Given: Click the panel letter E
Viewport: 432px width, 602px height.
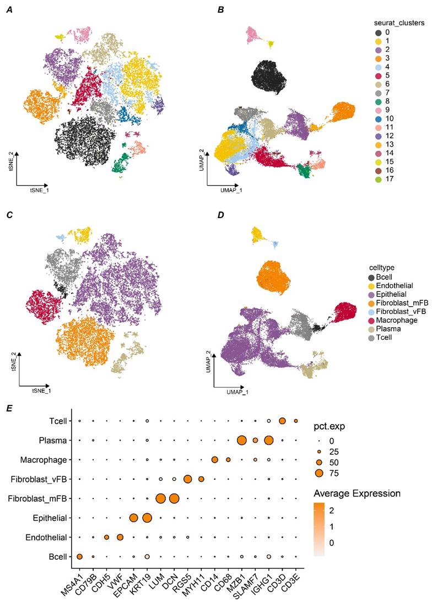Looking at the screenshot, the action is [x=9, y=408].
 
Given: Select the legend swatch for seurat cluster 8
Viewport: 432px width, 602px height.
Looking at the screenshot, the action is [x=378, y=101].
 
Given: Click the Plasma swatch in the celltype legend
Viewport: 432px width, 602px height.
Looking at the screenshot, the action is [x=371, y=329].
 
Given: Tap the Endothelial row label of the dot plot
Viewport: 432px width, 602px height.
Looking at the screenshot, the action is [x=46, y=538].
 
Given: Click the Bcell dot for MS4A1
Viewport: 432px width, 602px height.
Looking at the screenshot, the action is [x=79, y=557].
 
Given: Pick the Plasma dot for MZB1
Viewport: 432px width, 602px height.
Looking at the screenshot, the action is [x=241, y=441].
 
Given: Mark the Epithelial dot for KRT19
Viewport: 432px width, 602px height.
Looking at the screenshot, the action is [x=147, y=518].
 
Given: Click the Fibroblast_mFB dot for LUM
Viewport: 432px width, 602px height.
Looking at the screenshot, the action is [x=160, y=498].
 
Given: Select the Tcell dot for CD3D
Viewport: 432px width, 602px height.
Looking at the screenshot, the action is [x=282, y=421].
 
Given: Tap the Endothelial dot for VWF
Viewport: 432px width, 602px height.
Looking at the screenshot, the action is [x=120, y=537].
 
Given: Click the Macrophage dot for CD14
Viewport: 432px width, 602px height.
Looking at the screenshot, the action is [x=215, y=459].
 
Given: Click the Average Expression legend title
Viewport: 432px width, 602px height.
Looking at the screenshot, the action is [x=357, y=493].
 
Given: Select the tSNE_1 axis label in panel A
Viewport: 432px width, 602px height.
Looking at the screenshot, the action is [x=39, y=190].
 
